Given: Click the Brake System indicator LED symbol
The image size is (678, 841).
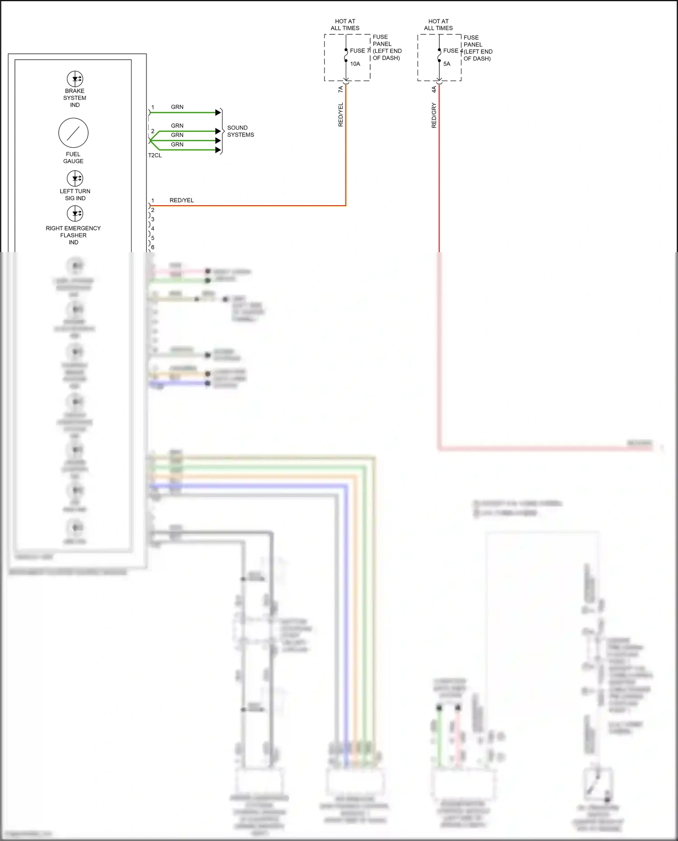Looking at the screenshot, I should (x=75, y=79).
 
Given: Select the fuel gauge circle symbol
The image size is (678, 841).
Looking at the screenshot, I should (x=73, y=133).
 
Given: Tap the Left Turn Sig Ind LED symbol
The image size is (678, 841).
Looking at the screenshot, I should (x=75, y=178).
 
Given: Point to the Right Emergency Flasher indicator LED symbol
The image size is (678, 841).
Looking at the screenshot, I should (x=75, y=213).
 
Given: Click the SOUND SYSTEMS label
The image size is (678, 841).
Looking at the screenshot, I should (x=240, y=131).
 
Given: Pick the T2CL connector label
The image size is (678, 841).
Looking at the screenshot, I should (x=155, y=155).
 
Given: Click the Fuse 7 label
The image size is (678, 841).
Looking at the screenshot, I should (x=360, y=51).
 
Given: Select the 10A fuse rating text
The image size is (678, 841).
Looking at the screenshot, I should (x=355, y=64).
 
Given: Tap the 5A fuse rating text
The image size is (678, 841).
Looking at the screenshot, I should (x=447, y=64).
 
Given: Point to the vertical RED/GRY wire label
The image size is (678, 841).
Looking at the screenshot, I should (x=434, y=115).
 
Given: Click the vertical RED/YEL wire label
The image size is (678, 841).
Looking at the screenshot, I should (x=341, y=114).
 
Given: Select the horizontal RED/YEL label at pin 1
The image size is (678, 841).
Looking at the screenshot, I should (x=182, y=200).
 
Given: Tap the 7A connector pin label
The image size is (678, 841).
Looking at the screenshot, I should (x=341, y=89).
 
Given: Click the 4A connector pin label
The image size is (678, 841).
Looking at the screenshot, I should (x=434, y=89).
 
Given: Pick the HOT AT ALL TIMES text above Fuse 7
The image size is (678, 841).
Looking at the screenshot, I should (x=345, y=24).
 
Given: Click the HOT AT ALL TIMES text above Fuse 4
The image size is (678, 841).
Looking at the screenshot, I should (x=438, y=24).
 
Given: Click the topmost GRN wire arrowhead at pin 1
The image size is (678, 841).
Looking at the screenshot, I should (x=218, y=112).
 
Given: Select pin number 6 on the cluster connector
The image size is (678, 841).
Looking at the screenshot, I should (x=153, y=247).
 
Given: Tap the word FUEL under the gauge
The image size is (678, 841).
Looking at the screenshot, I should (x=73, y=154).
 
